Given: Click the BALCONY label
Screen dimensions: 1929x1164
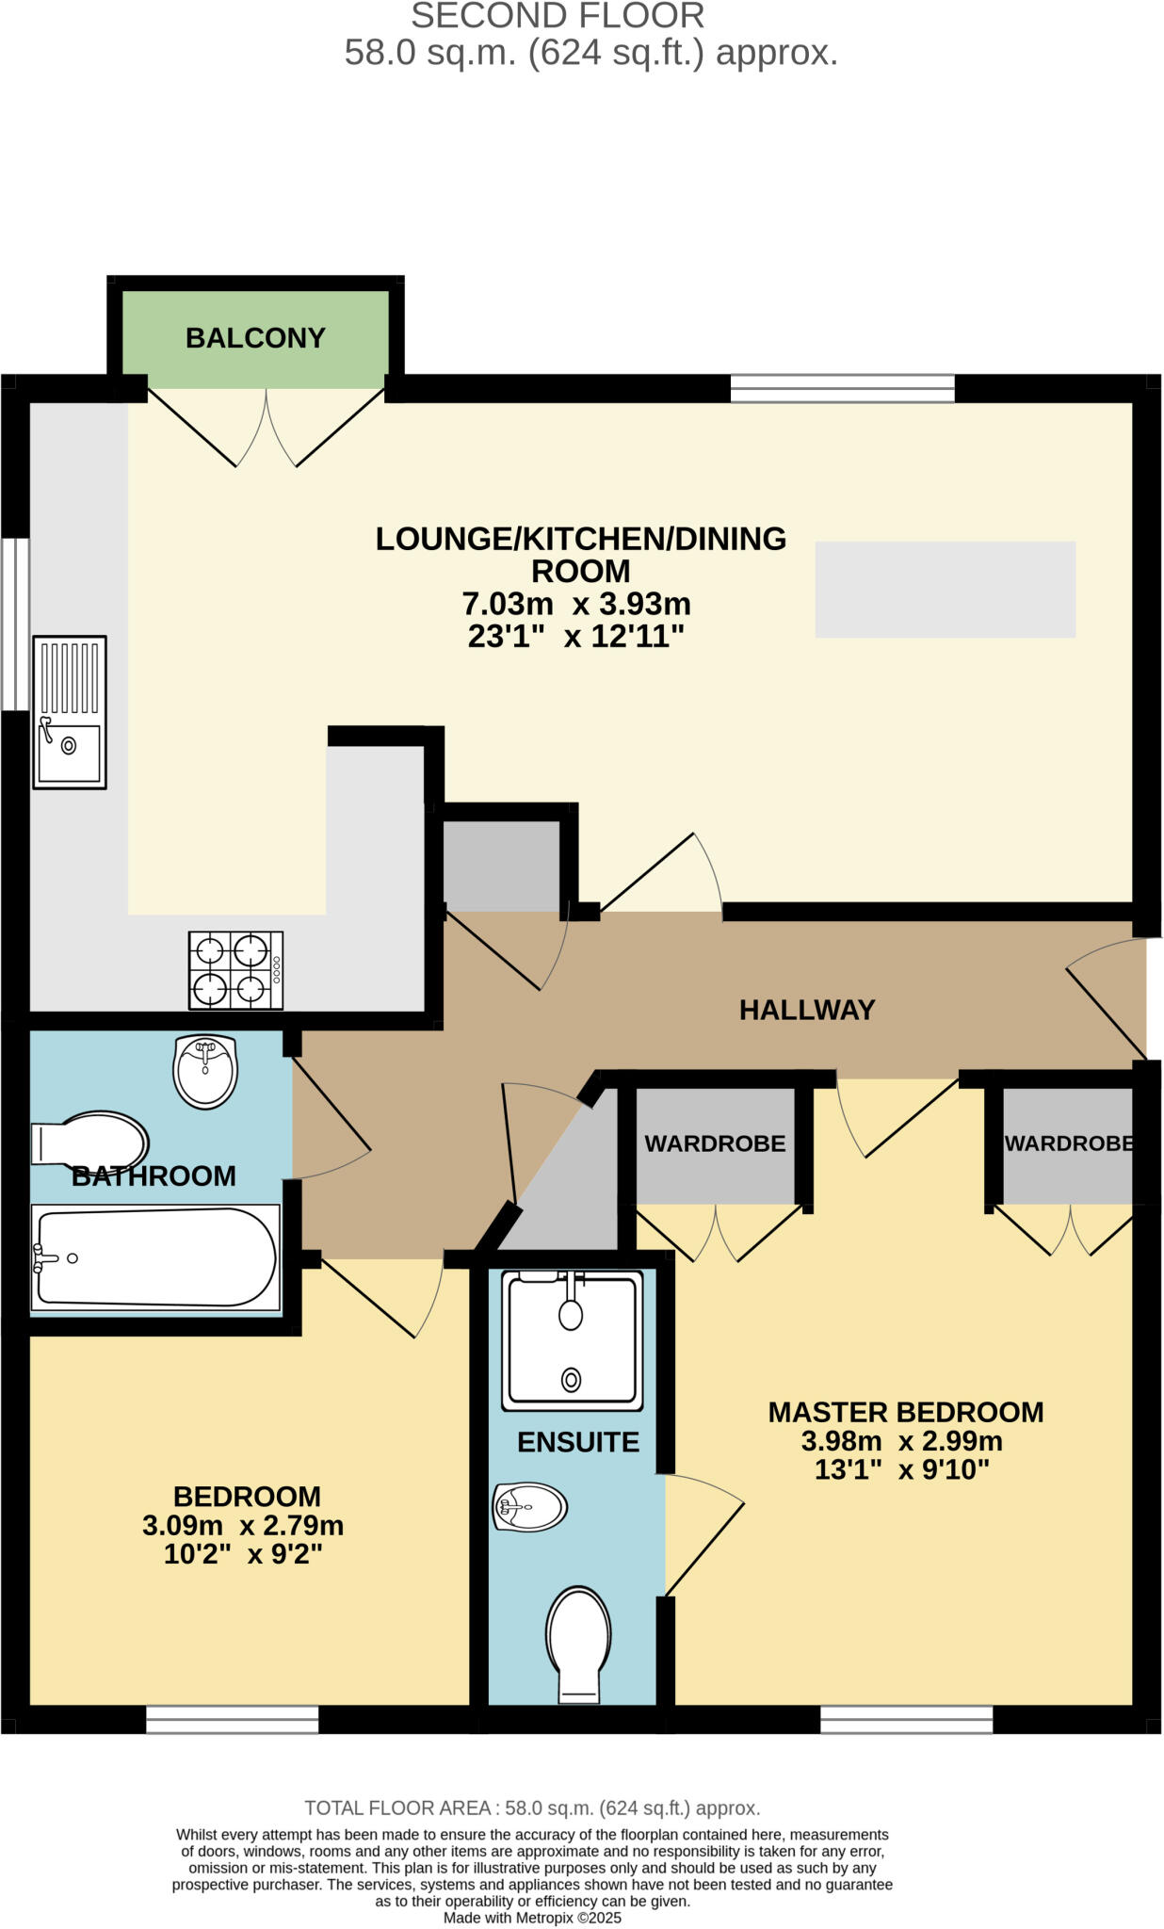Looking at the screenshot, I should pyautogui.click(x=255, y=338).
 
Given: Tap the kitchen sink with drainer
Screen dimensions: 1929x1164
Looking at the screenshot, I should pyautogui.click(x=70, y=712).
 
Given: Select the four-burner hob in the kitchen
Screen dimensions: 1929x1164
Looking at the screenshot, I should pyautogui.click(x=235, y=970).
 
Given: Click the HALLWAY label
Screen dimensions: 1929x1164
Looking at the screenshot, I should pyautogui.click(x=807, y=1010).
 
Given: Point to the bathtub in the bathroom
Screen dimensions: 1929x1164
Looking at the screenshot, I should pyautogui.click(x=155, y=1257).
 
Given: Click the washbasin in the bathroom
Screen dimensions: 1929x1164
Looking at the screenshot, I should pyautogui.click(x=205, y=1071).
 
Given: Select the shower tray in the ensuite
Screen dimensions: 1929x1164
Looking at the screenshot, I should pyautogui.click(x=573, y=1339).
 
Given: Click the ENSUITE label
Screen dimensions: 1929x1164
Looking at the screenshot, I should pyautogui.click(x=578, y=1442).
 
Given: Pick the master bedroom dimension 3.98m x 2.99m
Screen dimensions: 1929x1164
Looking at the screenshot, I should pyautogui.click(x=901, y=1441).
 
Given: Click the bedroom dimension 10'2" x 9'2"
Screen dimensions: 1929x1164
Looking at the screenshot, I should pyautogui.click(x=243, y=1554).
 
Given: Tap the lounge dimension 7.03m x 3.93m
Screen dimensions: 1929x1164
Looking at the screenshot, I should pyautogui.click(x=576, y=604).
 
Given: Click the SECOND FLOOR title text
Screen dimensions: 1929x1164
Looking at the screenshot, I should pyautogui.click(x=558, y=16).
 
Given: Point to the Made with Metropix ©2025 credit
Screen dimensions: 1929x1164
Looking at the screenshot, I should pyautogui.click(x=532, y=1918).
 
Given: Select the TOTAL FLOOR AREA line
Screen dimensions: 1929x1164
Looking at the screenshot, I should pyautogui.click(x=532, y=1807).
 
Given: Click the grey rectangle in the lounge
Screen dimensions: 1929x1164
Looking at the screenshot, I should pyautogui.click(x=945, y=590).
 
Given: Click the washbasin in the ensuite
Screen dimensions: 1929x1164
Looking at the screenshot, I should pyautogui.click(x=529, y=1507).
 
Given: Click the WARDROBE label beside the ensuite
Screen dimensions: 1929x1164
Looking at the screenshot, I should pyautogui.click(x=715, y=1143).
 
